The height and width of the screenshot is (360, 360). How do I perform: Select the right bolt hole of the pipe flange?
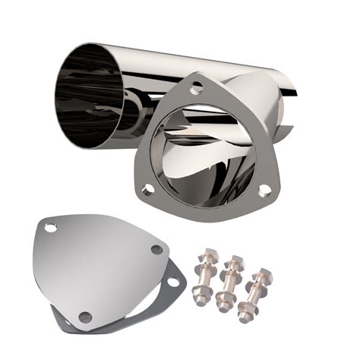265,191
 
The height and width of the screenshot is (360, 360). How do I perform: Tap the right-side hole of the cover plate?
156,249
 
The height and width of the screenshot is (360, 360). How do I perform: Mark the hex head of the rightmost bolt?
261,276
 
